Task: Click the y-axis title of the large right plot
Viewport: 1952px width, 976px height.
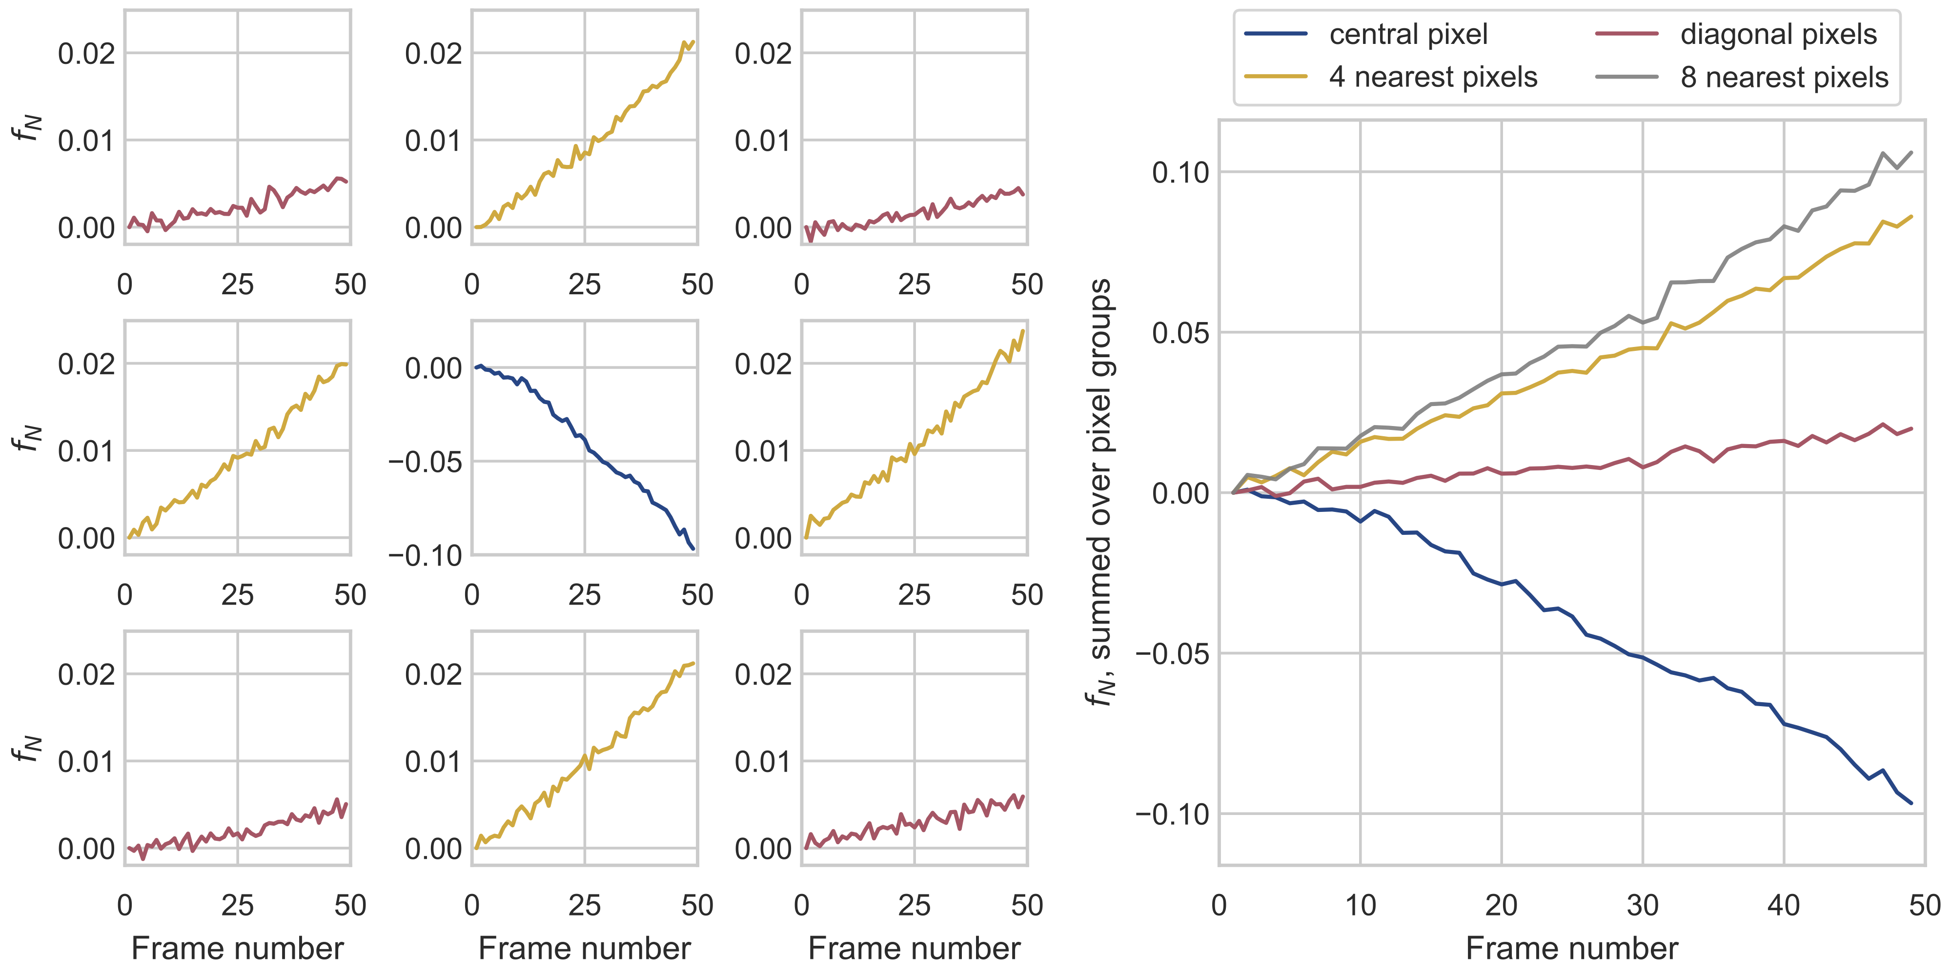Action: (1100, 492)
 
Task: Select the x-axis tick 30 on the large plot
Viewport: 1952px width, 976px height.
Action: (1643, 906)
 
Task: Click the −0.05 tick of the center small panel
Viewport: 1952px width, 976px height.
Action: (425, 462)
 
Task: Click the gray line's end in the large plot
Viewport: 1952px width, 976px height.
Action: (1911, 152)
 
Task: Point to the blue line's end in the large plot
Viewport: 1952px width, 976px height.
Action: (1911, 802)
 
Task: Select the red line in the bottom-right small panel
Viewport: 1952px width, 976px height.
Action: (915, 824)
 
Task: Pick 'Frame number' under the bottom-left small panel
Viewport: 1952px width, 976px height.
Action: (237, 949)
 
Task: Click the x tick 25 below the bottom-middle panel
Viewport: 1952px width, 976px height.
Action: (584, 906)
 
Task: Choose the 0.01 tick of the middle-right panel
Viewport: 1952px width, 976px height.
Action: (763, 451)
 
